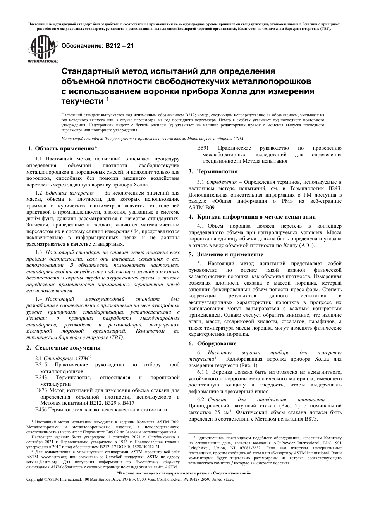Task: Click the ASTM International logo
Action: click(42, 49)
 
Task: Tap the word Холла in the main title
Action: click(234, 91)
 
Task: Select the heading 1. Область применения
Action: click(63, 148)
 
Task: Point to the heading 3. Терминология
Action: click(213, 171)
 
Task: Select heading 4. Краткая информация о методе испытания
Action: click(252, 217)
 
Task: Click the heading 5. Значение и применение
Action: click(225, 254)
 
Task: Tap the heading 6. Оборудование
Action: click(212, 343)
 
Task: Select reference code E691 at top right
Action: click(203, 148)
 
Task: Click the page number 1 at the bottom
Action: click(184, 499)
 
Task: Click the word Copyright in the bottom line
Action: click(34, 480)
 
